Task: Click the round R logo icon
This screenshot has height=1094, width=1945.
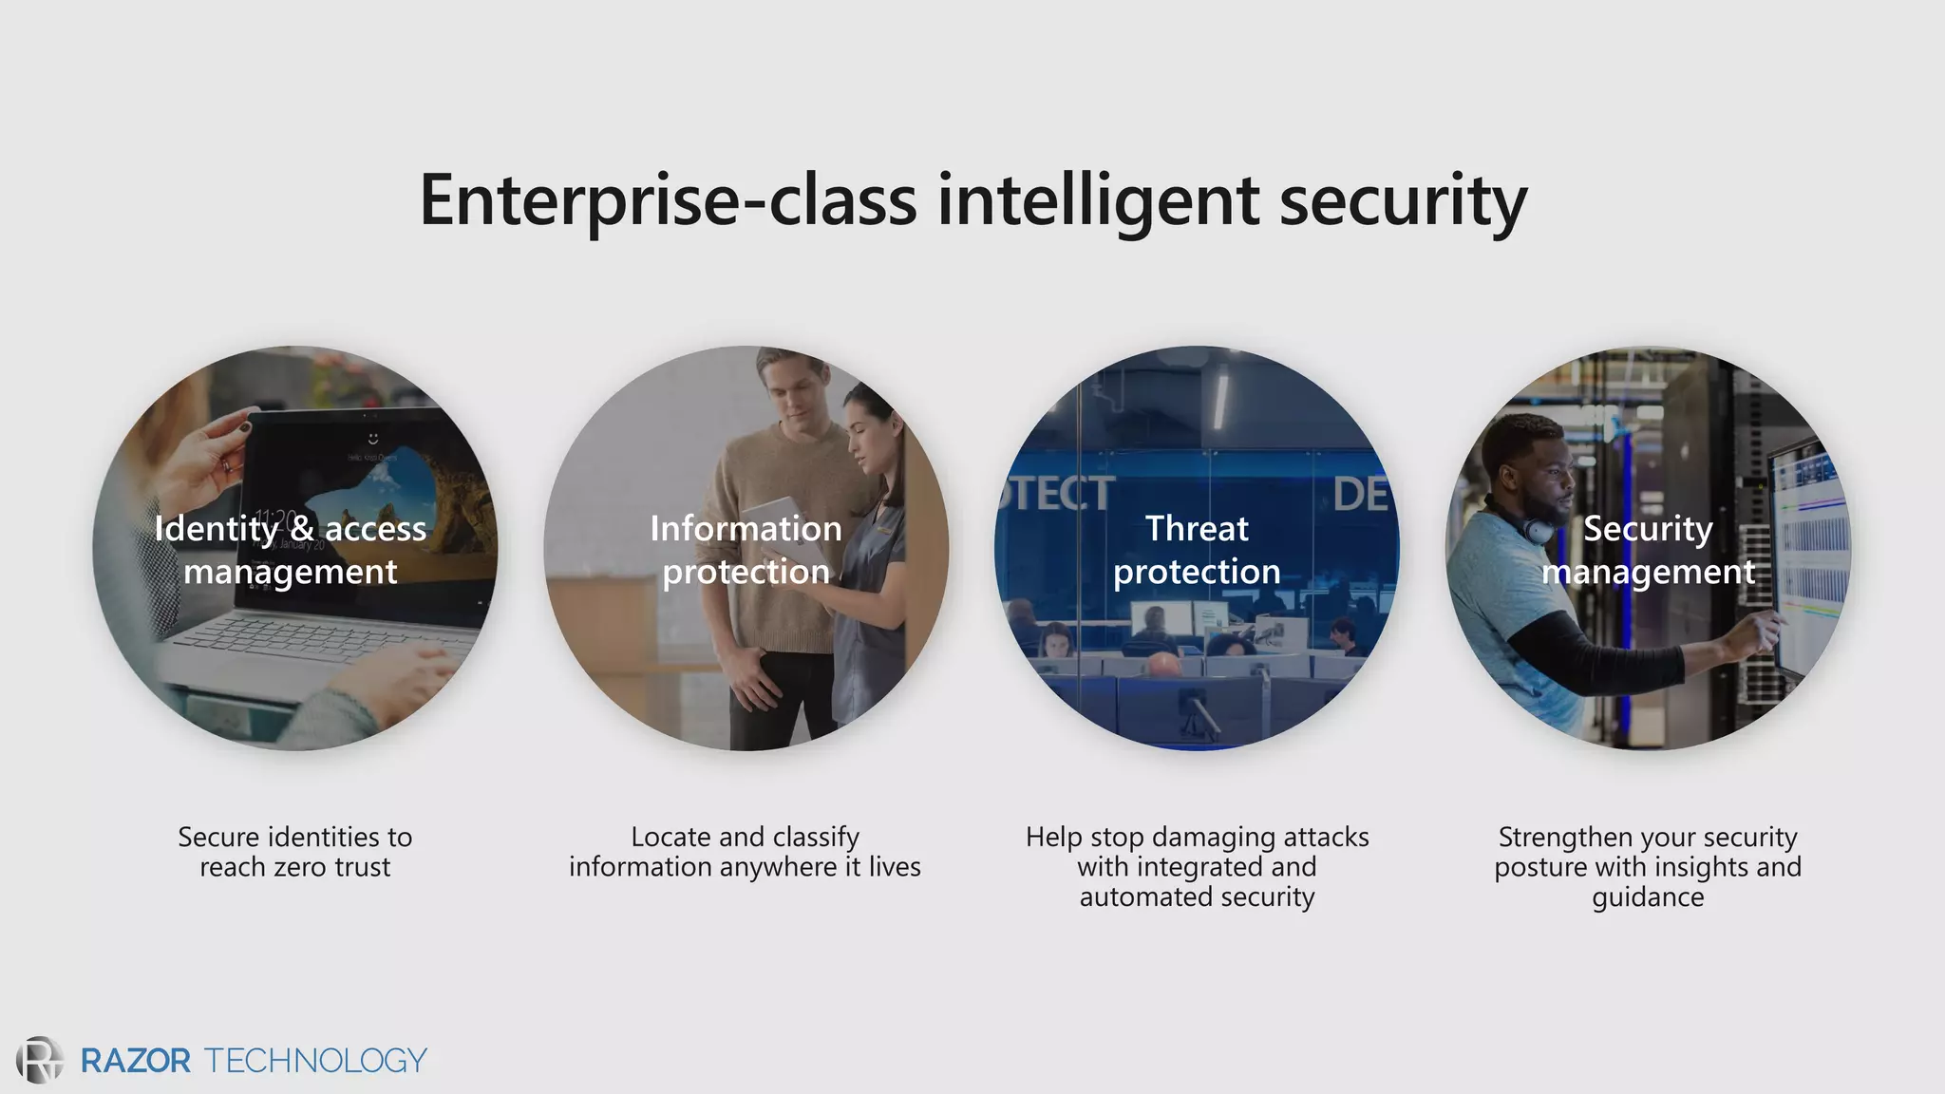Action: [x=40, y=1060]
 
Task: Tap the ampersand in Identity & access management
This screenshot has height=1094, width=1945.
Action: [x=302, y=529]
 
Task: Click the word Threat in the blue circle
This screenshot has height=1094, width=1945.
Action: [x=1197, y=529]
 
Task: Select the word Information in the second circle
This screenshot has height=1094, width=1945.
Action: [x=746, y=529]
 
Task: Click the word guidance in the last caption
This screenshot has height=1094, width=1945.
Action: [x=1648, y=897]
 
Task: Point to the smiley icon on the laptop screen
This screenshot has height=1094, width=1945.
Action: [x=373, y=438]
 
